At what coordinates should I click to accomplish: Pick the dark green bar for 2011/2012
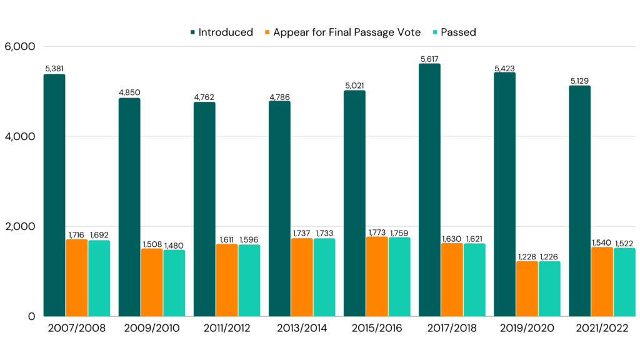pyautogui.click(x=204, y=209)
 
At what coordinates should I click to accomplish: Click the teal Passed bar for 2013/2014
pyautogui.click(x=324, y=277)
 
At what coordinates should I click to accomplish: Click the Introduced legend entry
pyautogui.click(x=225, y=32)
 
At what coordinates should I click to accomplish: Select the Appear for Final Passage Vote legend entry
pyautogui.click(x=346, y=32)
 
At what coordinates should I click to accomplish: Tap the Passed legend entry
pyautogui.click(x=458, y=32)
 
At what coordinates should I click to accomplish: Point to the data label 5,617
pyautogui.click(x=429, y=59)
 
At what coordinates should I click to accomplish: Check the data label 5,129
pyautogui.click(x=579, y=81)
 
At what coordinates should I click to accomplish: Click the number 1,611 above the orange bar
pyautogui.click(x=227, y=239)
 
